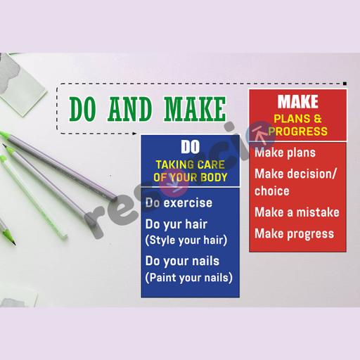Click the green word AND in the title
click(x=129, y=109)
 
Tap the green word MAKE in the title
click(x=195, y=109)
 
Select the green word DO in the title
click(x=82, y=109)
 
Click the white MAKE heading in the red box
click(x=298, y=101)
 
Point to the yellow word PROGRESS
click(x=298, y=131)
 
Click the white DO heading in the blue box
click(x=191, y=147)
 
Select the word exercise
click(x=188, y=202)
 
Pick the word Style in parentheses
click(x=162, y=240)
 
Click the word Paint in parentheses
click(x=162, y=278)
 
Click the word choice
click(x=272, y=191)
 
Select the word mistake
click(x=318, y=212)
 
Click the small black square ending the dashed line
click(x=345, y=84)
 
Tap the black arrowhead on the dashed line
click(x=134, y=134)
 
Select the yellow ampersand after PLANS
click(x=318, y=119)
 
